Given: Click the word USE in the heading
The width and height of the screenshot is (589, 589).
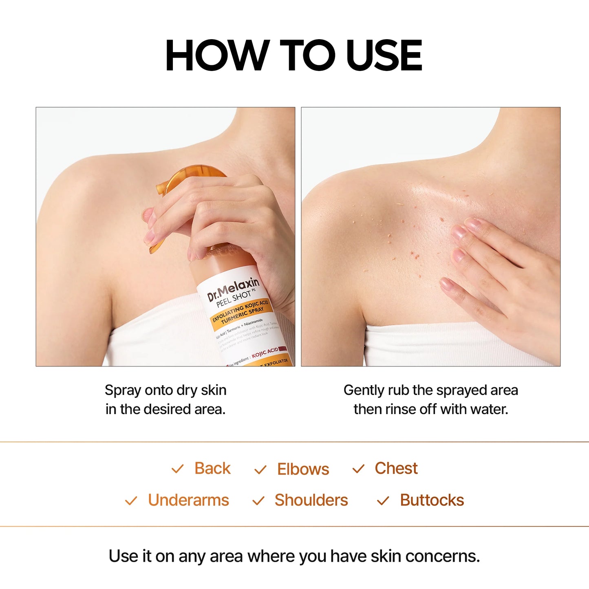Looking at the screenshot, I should coord(384,55).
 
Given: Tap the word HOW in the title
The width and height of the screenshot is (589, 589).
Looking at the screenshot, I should coord(217,55).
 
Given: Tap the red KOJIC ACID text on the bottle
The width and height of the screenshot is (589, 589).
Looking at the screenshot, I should coord(265,353).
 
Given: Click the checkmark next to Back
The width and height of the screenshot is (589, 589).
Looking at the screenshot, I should coord(178,469).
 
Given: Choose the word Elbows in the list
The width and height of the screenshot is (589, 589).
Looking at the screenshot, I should coord(303,469).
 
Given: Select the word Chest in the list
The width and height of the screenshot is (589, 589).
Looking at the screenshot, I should coord(396,468).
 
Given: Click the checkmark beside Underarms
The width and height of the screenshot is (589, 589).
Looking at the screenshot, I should coord(131,501).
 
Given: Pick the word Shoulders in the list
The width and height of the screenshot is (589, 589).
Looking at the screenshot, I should coord(311,500).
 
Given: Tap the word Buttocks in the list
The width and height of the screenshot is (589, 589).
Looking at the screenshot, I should coord(432,500).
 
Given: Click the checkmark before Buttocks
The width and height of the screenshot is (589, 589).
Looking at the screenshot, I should coord(383,501).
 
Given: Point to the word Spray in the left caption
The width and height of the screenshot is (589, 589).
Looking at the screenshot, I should coord(118,390).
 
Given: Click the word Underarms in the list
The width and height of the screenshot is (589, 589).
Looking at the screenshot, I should coord(188,500).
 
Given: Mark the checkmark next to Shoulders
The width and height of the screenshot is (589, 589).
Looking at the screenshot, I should coord(258,501).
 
